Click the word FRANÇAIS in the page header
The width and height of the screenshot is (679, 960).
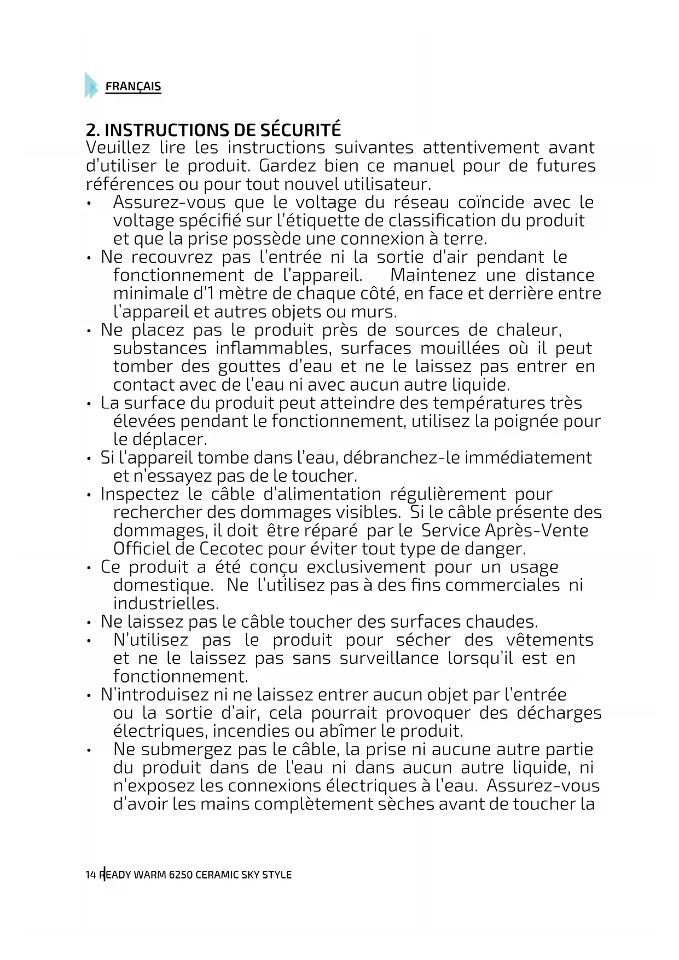coord(133,86)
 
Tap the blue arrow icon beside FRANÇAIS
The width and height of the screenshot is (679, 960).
coord(91,85)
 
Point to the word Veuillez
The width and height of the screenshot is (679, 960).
coord(118,148)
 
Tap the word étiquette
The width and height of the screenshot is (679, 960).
coord(319,221)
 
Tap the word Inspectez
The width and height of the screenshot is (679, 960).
coord(140,494)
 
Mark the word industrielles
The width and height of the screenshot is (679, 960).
coord(166,604)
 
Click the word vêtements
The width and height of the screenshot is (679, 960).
coord(549,640)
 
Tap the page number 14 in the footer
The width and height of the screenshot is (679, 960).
coord(91,875)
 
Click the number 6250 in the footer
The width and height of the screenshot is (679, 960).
coord(180,875)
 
